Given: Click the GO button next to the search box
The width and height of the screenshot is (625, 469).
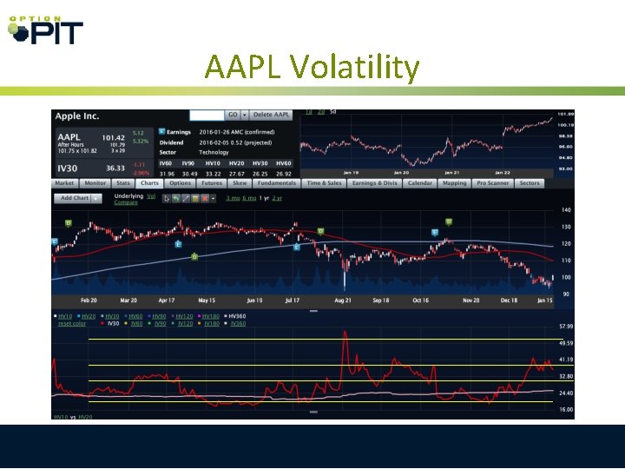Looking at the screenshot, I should (x=232, y=115).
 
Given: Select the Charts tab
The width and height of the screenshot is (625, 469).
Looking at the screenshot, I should (x=149, y=183).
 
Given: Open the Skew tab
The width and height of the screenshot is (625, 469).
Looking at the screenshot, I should (x=240, y=183).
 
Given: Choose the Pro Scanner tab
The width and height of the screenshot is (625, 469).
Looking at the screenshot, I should (x=492, y=183).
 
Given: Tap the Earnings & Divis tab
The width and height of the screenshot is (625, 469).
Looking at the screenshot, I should (x=374, y=183).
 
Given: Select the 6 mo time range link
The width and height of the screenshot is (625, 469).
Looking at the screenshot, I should (x=248, y=198).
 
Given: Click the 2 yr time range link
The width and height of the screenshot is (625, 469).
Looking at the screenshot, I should (x=277, y=198).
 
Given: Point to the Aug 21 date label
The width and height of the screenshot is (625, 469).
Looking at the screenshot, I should (x=342, y=300).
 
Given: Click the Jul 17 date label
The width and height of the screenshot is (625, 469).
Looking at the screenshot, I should (x=292, y=300).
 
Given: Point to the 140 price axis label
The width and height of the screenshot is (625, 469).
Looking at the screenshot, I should (x=565, y=211).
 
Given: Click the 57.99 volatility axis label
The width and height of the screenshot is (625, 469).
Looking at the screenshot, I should (x=565, y=326).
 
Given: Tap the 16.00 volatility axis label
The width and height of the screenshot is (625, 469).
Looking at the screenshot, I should (x=565, y=409).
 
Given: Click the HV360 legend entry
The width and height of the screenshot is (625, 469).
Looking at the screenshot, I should (x=236, y=316).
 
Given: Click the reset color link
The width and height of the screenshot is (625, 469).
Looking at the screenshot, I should (x=72, y=324).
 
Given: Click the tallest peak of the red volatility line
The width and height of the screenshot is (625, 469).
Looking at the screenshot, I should (x=345, y=334).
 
